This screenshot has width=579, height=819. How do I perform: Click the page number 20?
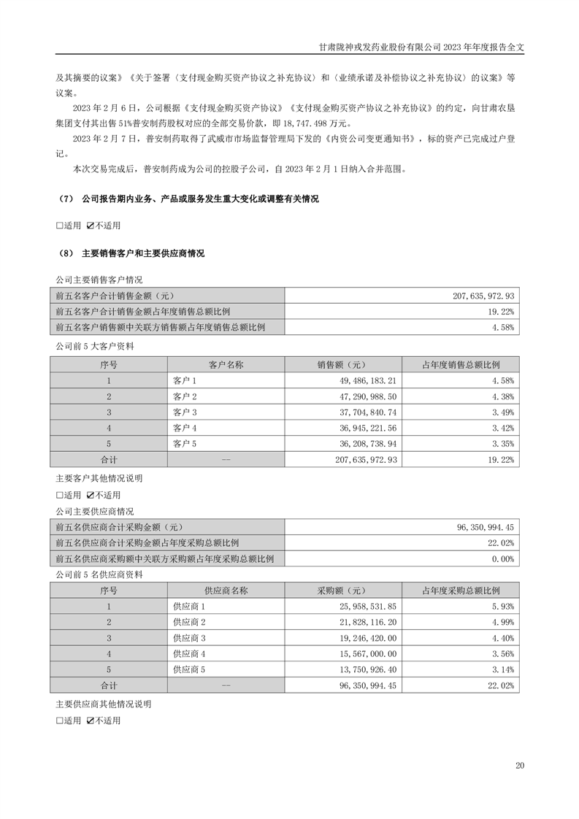(520, 765)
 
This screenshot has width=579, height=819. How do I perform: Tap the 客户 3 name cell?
(185, 412)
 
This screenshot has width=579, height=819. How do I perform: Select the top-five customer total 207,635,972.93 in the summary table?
(484, 296)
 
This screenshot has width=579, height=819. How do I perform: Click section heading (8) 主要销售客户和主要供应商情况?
(131, 254)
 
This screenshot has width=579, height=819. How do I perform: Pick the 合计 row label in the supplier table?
(108, 686)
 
